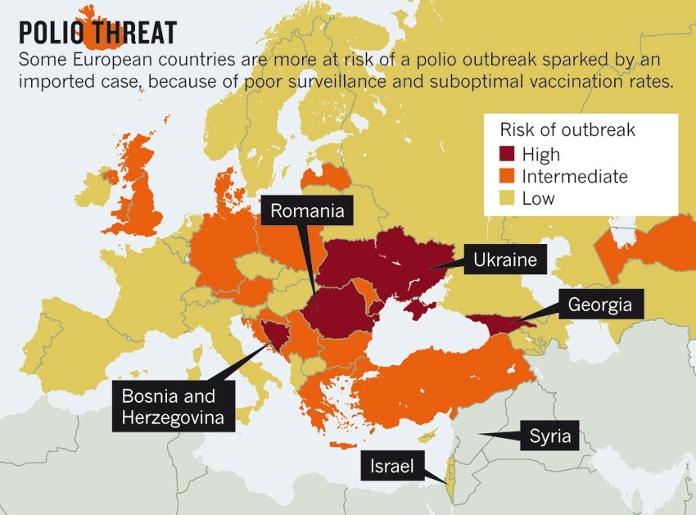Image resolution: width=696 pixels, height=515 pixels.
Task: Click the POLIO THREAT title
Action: (x=97, y=32)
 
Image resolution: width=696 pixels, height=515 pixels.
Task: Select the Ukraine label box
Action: (x=504, y=260)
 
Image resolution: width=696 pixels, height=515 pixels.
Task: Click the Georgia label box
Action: (x=599, y=305)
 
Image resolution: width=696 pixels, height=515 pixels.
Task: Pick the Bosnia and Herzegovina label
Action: (x=169, y=407)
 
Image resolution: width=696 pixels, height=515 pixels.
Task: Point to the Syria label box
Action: (x=549, y=435)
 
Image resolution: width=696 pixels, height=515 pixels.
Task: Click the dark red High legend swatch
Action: (x=508, y=154)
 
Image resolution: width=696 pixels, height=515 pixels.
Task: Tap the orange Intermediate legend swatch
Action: (x=508, y=176)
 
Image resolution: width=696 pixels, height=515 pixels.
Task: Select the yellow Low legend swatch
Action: (x=508, y=197)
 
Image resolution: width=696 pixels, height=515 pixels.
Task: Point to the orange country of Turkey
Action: (x=442, y=385)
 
